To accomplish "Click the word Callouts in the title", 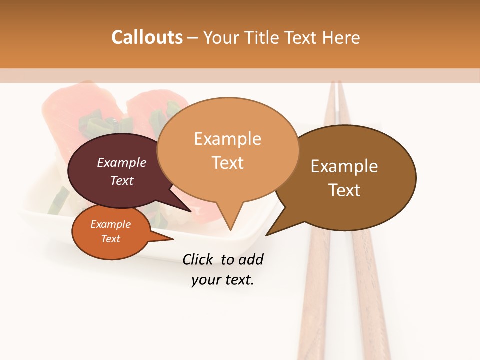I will point(147,37).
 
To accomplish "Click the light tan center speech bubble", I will point(227,185).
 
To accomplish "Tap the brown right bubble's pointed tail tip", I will point(267,235).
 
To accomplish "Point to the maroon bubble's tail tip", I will point(190,211).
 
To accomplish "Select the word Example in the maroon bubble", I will point(121,163).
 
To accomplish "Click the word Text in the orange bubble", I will point(110,239).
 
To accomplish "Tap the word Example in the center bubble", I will point(227,139).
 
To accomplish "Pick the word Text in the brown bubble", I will point(344,190).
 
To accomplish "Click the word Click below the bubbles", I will point(198,259).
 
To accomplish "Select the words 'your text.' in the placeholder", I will point(222,280).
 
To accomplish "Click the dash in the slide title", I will point(193,37).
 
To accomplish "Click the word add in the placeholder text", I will point(250,259).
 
